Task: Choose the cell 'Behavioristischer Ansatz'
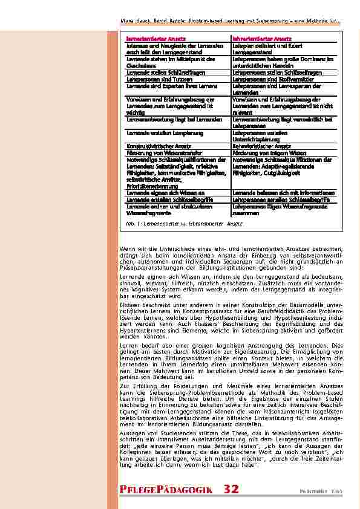click(263, 146)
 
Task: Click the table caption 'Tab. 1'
click(133, 223)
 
